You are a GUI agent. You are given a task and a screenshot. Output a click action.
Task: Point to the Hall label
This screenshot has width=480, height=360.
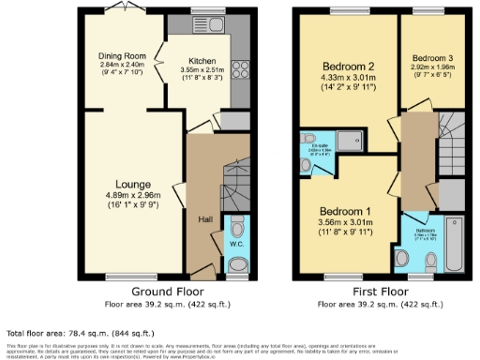pyautogui.click(x=204, y=218)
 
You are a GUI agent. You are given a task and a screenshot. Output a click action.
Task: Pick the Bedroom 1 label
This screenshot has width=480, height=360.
pyautogui.click(x=346, y=211)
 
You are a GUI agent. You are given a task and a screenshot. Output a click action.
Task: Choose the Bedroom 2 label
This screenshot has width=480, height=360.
pyautogui.click(x=348, y=67)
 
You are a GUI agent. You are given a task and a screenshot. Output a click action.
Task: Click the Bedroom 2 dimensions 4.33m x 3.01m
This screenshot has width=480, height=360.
pyautogui.click(x=348, y=79)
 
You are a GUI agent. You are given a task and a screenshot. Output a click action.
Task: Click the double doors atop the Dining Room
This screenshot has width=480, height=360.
pyautogui.click(x=118, y=8)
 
